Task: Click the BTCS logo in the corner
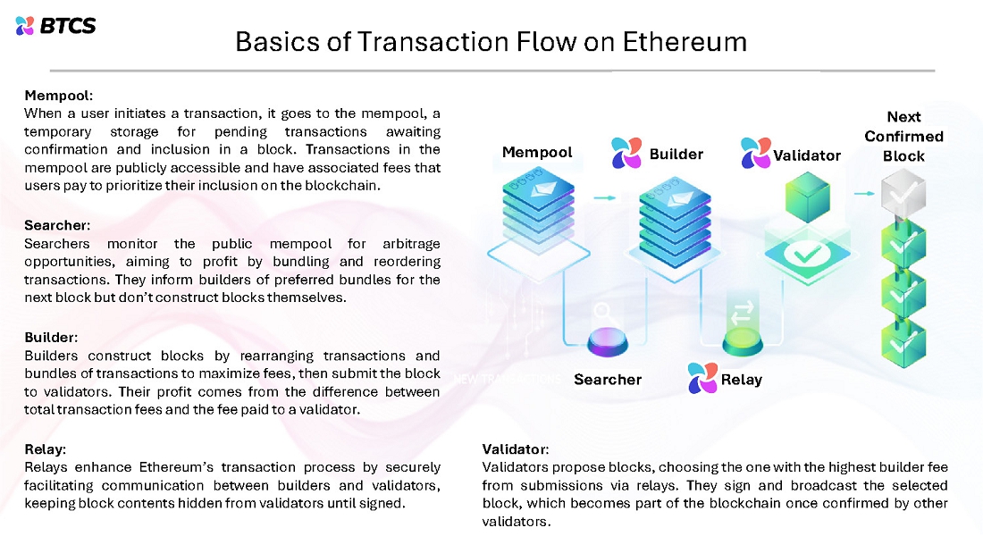pyautogui.click(x=55, y=26)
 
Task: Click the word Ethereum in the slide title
pyautogui.click(x=686, y=41)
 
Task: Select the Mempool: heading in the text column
pyautogui.click(x=59, y=95)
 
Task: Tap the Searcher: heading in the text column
pyautogui.click(x=58, y=225)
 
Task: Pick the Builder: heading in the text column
pyautogui.click(x=52, y=338)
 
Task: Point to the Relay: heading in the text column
pyautogui.click(x=46, y=448)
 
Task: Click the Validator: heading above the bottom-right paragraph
pyautogui.click(x=516, y=448)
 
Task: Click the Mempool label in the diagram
pyautogui.click(x=537, y=152)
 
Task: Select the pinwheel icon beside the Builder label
pyautogui.click(x=626, y=154)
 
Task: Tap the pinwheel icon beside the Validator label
pyautogui.click(x=755, y=154)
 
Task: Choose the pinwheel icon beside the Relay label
pyautogui.click(x=702, y=379)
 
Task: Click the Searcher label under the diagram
pyautogui.click(x=608, y=380)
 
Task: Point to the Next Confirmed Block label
pyautogui.click(x=903, y=137)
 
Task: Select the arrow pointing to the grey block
pyautogui.click(x=862, y=192)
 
